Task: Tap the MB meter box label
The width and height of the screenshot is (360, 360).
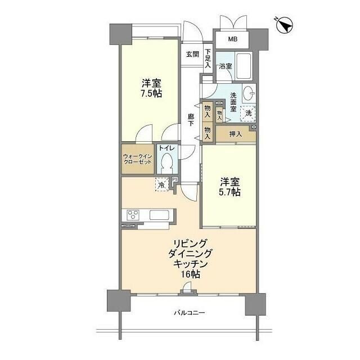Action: tap(232, 39)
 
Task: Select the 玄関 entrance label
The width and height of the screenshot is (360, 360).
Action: tap(192, 55)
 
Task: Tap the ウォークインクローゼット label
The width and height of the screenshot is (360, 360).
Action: tap(138, 158)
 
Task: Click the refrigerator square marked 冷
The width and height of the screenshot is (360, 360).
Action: tap(161, 184)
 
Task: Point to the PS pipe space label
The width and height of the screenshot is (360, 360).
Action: tap(175, 180)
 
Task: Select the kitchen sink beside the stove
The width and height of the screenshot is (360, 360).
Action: tap(159, 215)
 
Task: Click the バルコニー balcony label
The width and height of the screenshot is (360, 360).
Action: tap(188, 313)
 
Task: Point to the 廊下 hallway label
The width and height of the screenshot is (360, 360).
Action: tap(191, 120)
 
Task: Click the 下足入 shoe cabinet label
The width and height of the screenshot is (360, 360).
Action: tap(208, 58)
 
